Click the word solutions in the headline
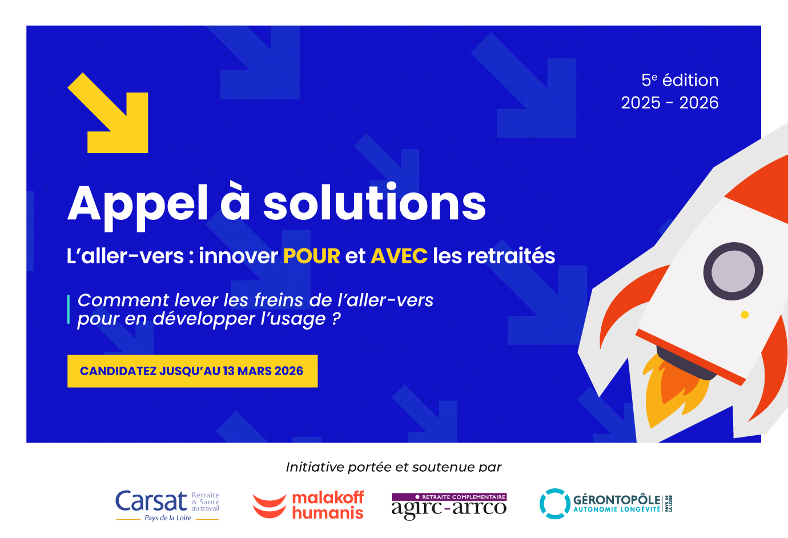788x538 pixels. coord(375,202)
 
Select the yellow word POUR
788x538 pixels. coord(311,256)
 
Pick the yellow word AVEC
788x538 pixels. coord(399,256)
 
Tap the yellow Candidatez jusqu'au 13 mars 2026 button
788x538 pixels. coord(192,371)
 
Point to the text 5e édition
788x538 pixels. coord(680,80)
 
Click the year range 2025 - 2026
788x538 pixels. coord(669,103)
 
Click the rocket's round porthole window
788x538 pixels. coord(733,271)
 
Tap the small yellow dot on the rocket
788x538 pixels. coord(745,315)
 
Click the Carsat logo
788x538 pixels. coord(167,505)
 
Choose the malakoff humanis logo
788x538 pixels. coord(308,505)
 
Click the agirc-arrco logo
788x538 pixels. coord(449,506)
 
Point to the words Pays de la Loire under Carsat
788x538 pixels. coord(168,518)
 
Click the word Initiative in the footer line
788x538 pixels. coord(315,467)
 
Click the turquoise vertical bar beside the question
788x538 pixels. coord(69,310)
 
